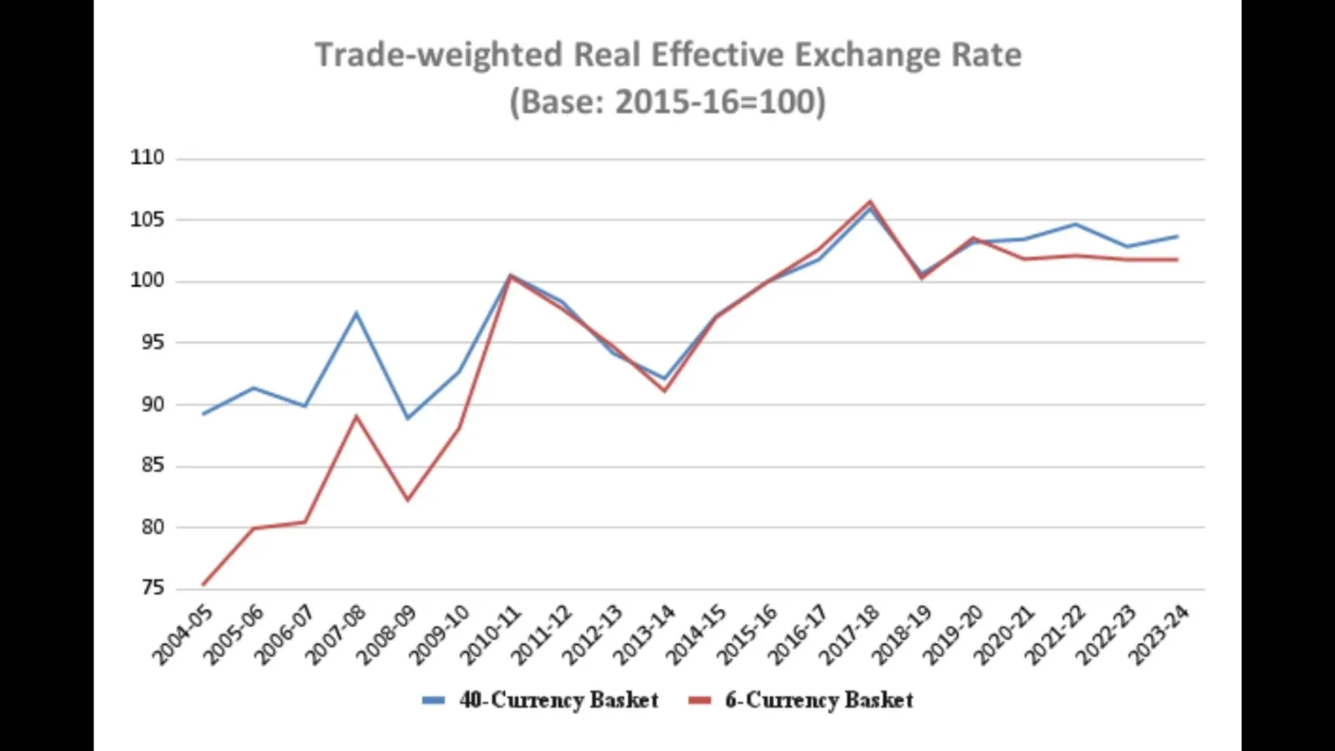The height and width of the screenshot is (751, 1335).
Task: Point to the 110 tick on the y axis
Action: pyautogui.click(x=148, y=158)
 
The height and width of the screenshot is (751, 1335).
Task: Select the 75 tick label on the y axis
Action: pyautogui.click(x=153, y=588)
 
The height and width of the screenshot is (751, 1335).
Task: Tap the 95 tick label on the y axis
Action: pyautogui.click(x=153, y=342)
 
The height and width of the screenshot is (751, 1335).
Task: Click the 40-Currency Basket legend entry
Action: pyautogui.click(x=558, y=700)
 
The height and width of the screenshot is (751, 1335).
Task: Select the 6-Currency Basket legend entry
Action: pyautogui.click(x=819, y=700)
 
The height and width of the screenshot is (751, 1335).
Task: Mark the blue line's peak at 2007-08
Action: pyautogui.click(x=356, y=313)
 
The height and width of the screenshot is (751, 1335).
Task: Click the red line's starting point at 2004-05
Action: pyautogui.click(x=203, y=584)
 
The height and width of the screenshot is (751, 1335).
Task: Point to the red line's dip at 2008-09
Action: pyautogui.click(x=408, y=500)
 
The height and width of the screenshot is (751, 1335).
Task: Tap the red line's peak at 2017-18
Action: pyautogui.click(x=870, y=201)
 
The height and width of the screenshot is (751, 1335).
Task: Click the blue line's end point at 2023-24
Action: pyautogui.click(x=1177, y=236)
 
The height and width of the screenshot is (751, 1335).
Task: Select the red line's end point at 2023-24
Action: pyautogui.click(x=1177, y=260)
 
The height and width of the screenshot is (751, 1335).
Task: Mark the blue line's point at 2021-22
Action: pyautogui.click(x=1076, y=224)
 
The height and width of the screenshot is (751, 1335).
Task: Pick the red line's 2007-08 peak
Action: pyautogui.click(x=356, y=416)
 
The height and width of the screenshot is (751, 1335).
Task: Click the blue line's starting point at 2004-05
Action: pyautogui.click(x=203, y=414)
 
